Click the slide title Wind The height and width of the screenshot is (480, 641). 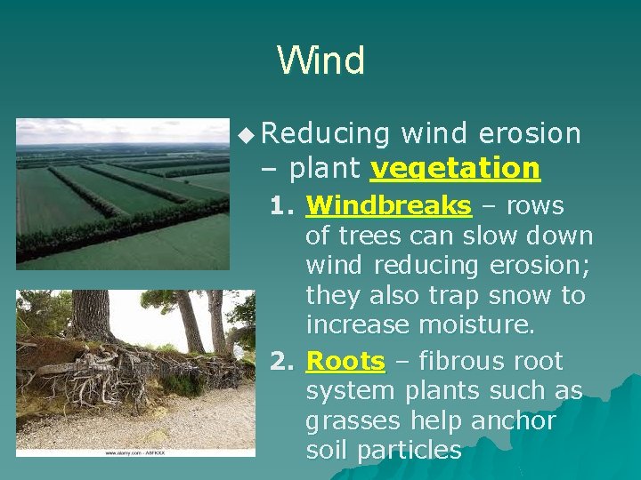click(320, 60)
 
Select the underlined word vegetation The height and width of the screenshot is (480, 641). click(455, 168)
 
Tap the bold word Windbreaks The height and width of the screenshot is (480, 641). click(388, 206)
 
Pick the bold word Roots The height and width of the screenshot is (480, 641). click(345, 362)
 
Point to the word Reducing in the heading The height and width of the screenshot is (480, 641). click(327, 134)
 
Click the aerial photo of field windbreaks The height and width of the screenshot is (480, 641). click(123, 194)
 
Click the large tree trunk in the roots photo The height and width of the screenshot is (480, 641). click(91, 314)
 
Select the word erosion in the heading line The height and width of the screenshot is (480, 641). click(529, 134)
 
